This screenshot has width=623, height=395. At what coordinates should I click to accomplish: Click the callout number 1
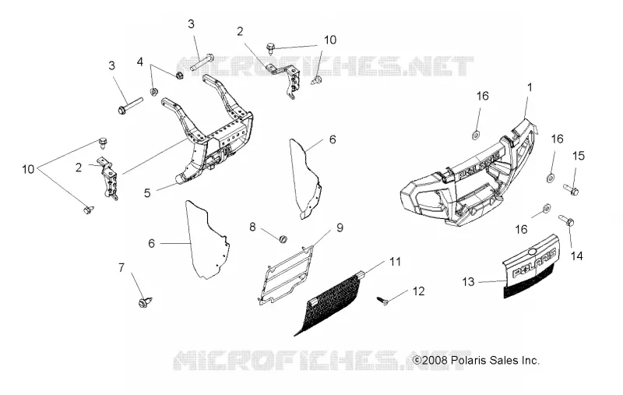pos(529,87)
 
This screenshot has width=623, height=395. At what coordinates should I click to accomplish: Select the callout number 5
pos(147,193)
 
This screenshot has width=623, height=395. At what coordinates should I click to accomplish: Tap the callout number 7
pos(121,267)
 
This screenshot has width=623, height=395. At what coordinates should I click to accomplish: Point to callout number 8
pos(252,227)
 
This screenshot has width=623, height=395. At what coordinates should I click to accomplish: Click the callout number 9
pos(340,227)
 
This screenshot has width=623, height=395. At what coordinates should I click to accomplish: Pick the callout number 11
pos(395,262)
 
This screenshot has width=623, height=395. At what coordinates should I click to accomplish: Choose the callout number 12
pos(419,291)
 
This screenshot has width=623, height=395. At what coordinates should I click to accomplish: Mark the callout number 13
pos(469,282)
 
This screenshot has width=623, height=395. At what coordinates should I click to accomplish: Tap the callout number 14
pos(576,256)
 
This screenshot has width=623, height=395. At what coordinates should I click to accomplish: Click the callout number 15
pos(579,155)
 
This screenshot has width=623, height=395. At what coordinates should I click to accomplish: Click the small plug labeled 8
pos(283,239)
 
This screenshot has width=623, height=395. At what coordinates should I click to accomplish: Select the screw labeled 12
pos(382,301)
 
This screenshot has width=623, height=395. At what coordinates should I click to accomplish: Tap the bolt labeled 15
pos(571,189)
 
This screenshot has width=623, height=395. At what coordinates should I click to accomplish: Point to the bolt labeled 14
pos(566,220)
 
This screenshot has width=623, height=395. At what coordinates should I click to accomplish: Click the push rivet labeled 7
pos(145,302)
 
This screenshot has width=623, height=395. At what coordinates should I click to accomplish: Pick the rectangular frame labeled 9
pos(286,275)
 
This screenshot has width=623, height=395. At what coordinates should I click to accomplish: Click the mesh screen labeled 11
pos(329,304)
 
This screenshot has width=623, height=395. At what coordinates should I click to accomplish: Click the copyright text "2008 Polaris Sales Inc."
pos(480,361)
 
